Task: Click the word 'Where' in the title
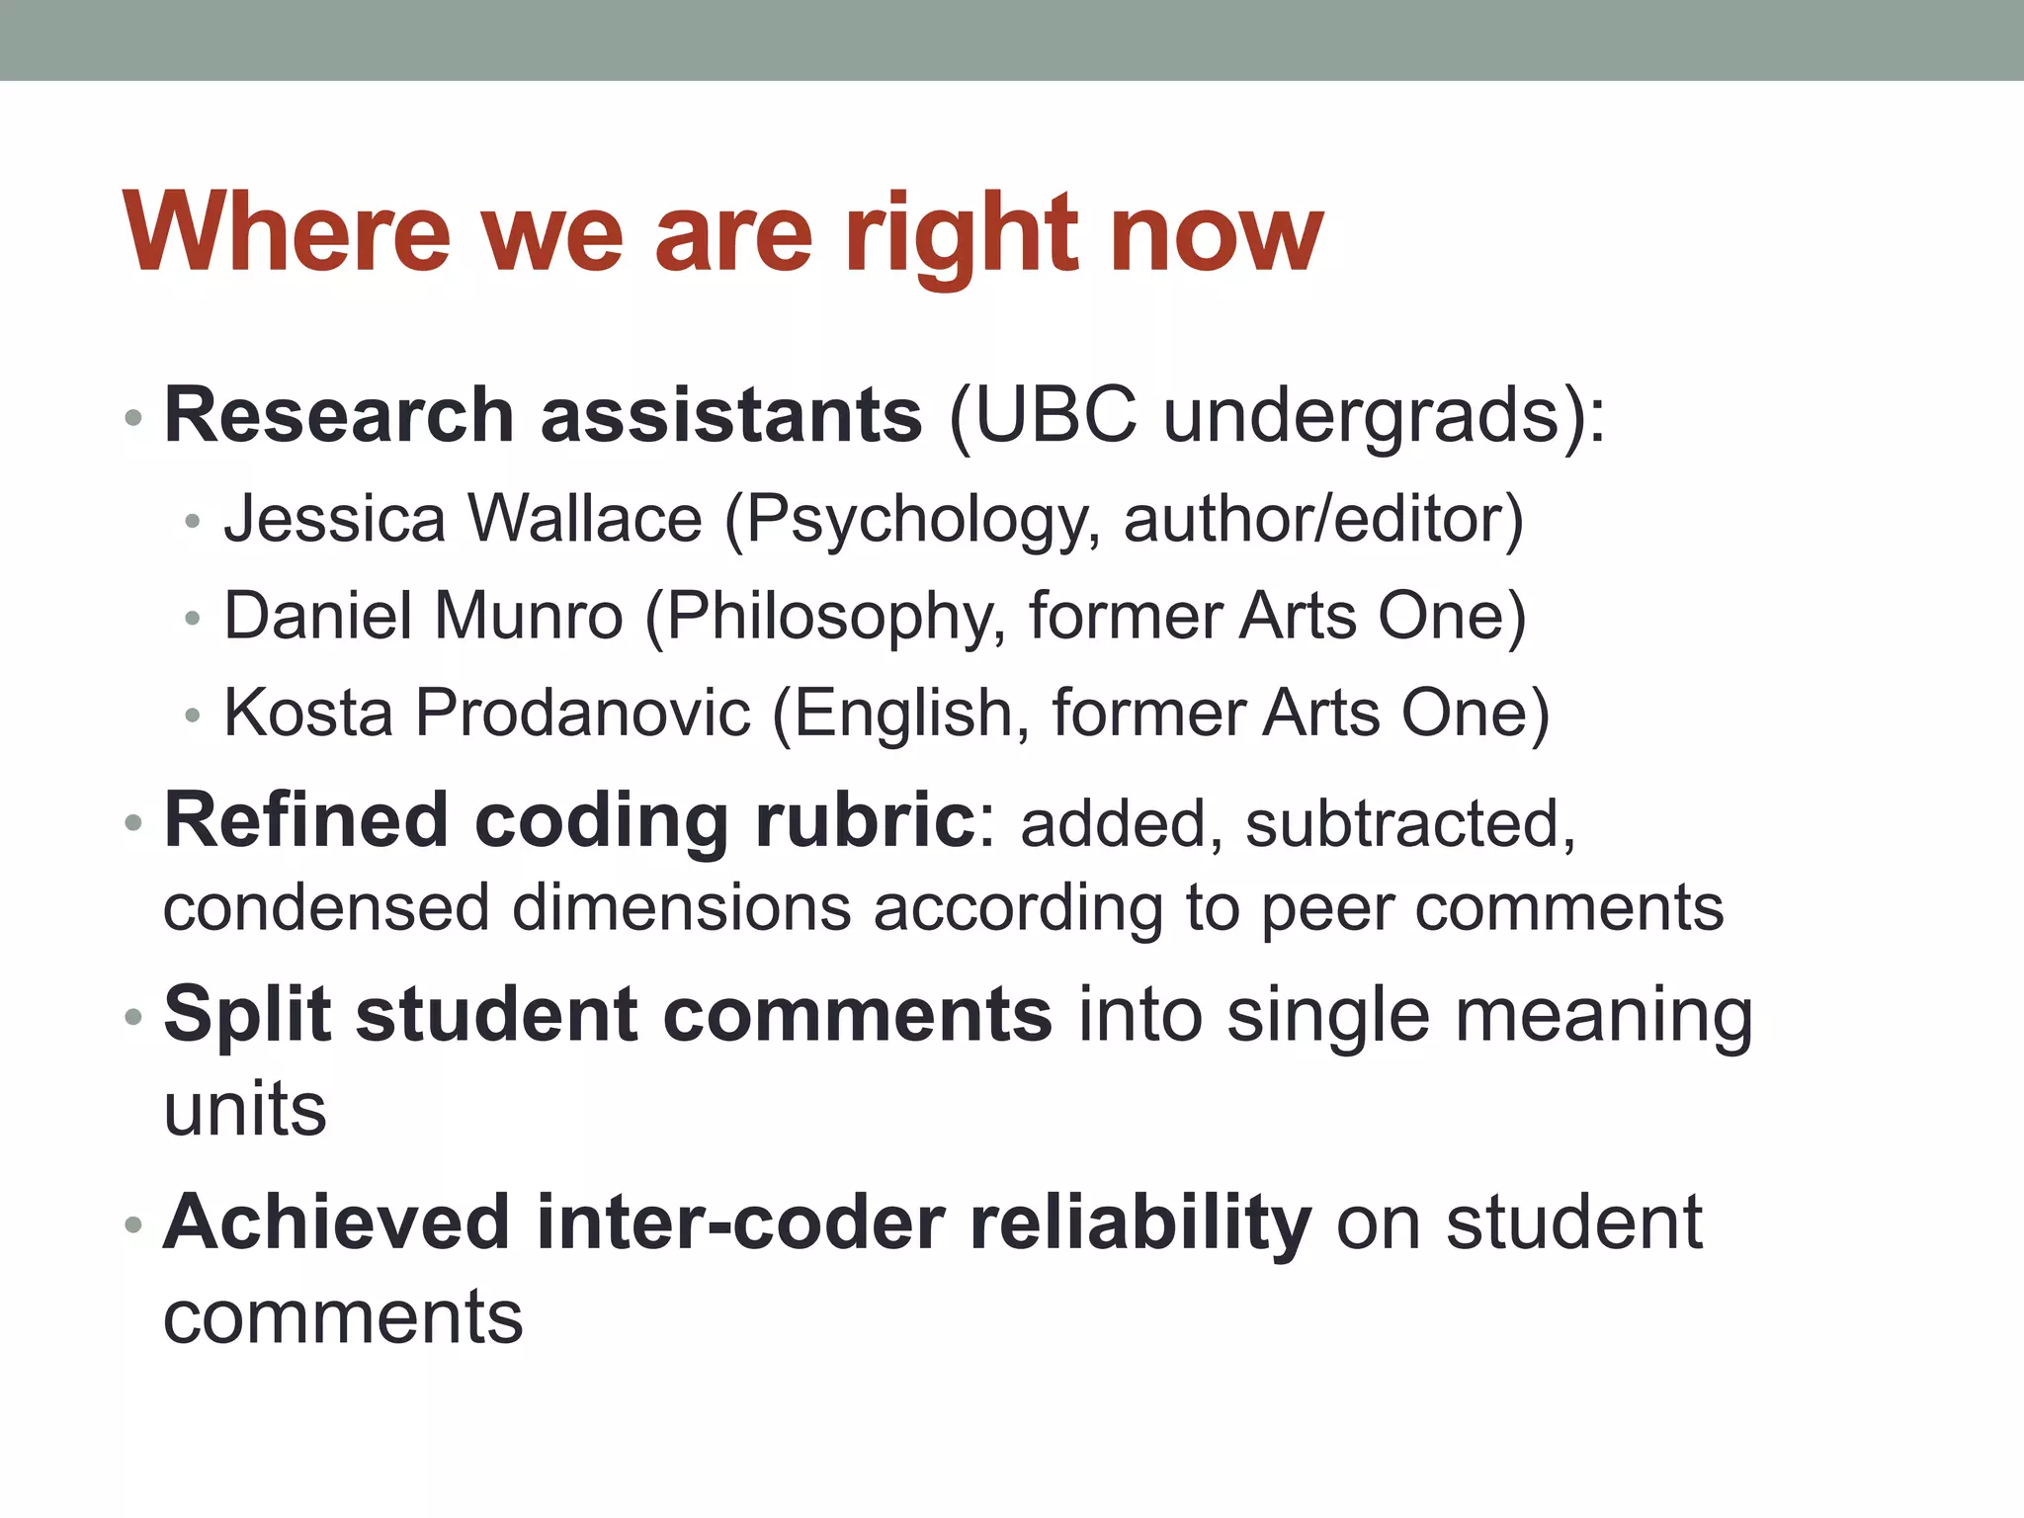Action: tap(288, 234)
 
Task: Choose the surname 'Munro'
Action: tap(529, 616)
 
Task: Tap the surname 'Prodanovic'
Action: tap(583, 712)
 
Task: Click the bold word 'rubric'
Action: tap(865, 820)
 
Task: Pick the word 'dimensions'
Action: tap(681, 907)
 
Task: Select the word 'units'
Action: tap(245, 1110)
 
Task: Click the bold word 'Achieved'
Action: tap(337, 1222)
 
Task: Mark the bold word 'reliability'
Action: tap(1140, 1223)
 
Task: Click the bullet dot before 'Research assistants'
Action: tap(134, 418)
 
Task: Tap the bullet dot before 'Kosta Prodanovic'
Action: tap(193, 715)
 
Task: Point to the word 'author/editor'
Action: tap(1323, 521)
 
